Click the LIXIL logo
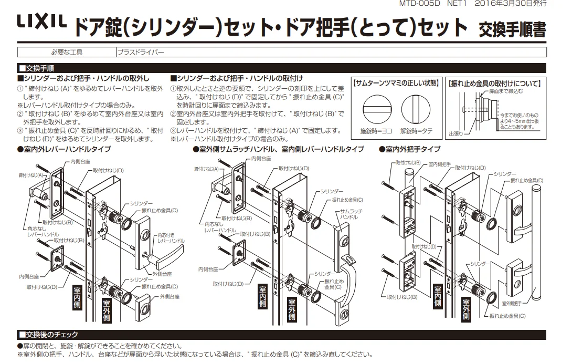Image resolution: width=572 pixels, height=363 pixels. click(41, 22)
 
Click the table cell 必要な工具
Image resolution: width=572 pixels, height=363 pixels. click(67, 52)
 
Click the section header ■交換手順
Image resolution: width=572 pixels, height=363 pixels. click(40, 68)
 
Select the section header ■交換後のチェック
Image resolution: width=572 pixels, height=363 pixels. click(48, 335)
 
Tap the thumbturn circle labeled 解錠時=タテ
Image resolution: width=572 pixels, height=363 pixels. click(416, 109)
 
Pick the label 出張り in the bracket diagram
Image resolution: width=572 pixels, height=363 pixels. click(456, 133)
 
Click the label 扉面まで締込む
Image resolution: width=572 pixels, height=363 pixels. click(506, 91)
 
